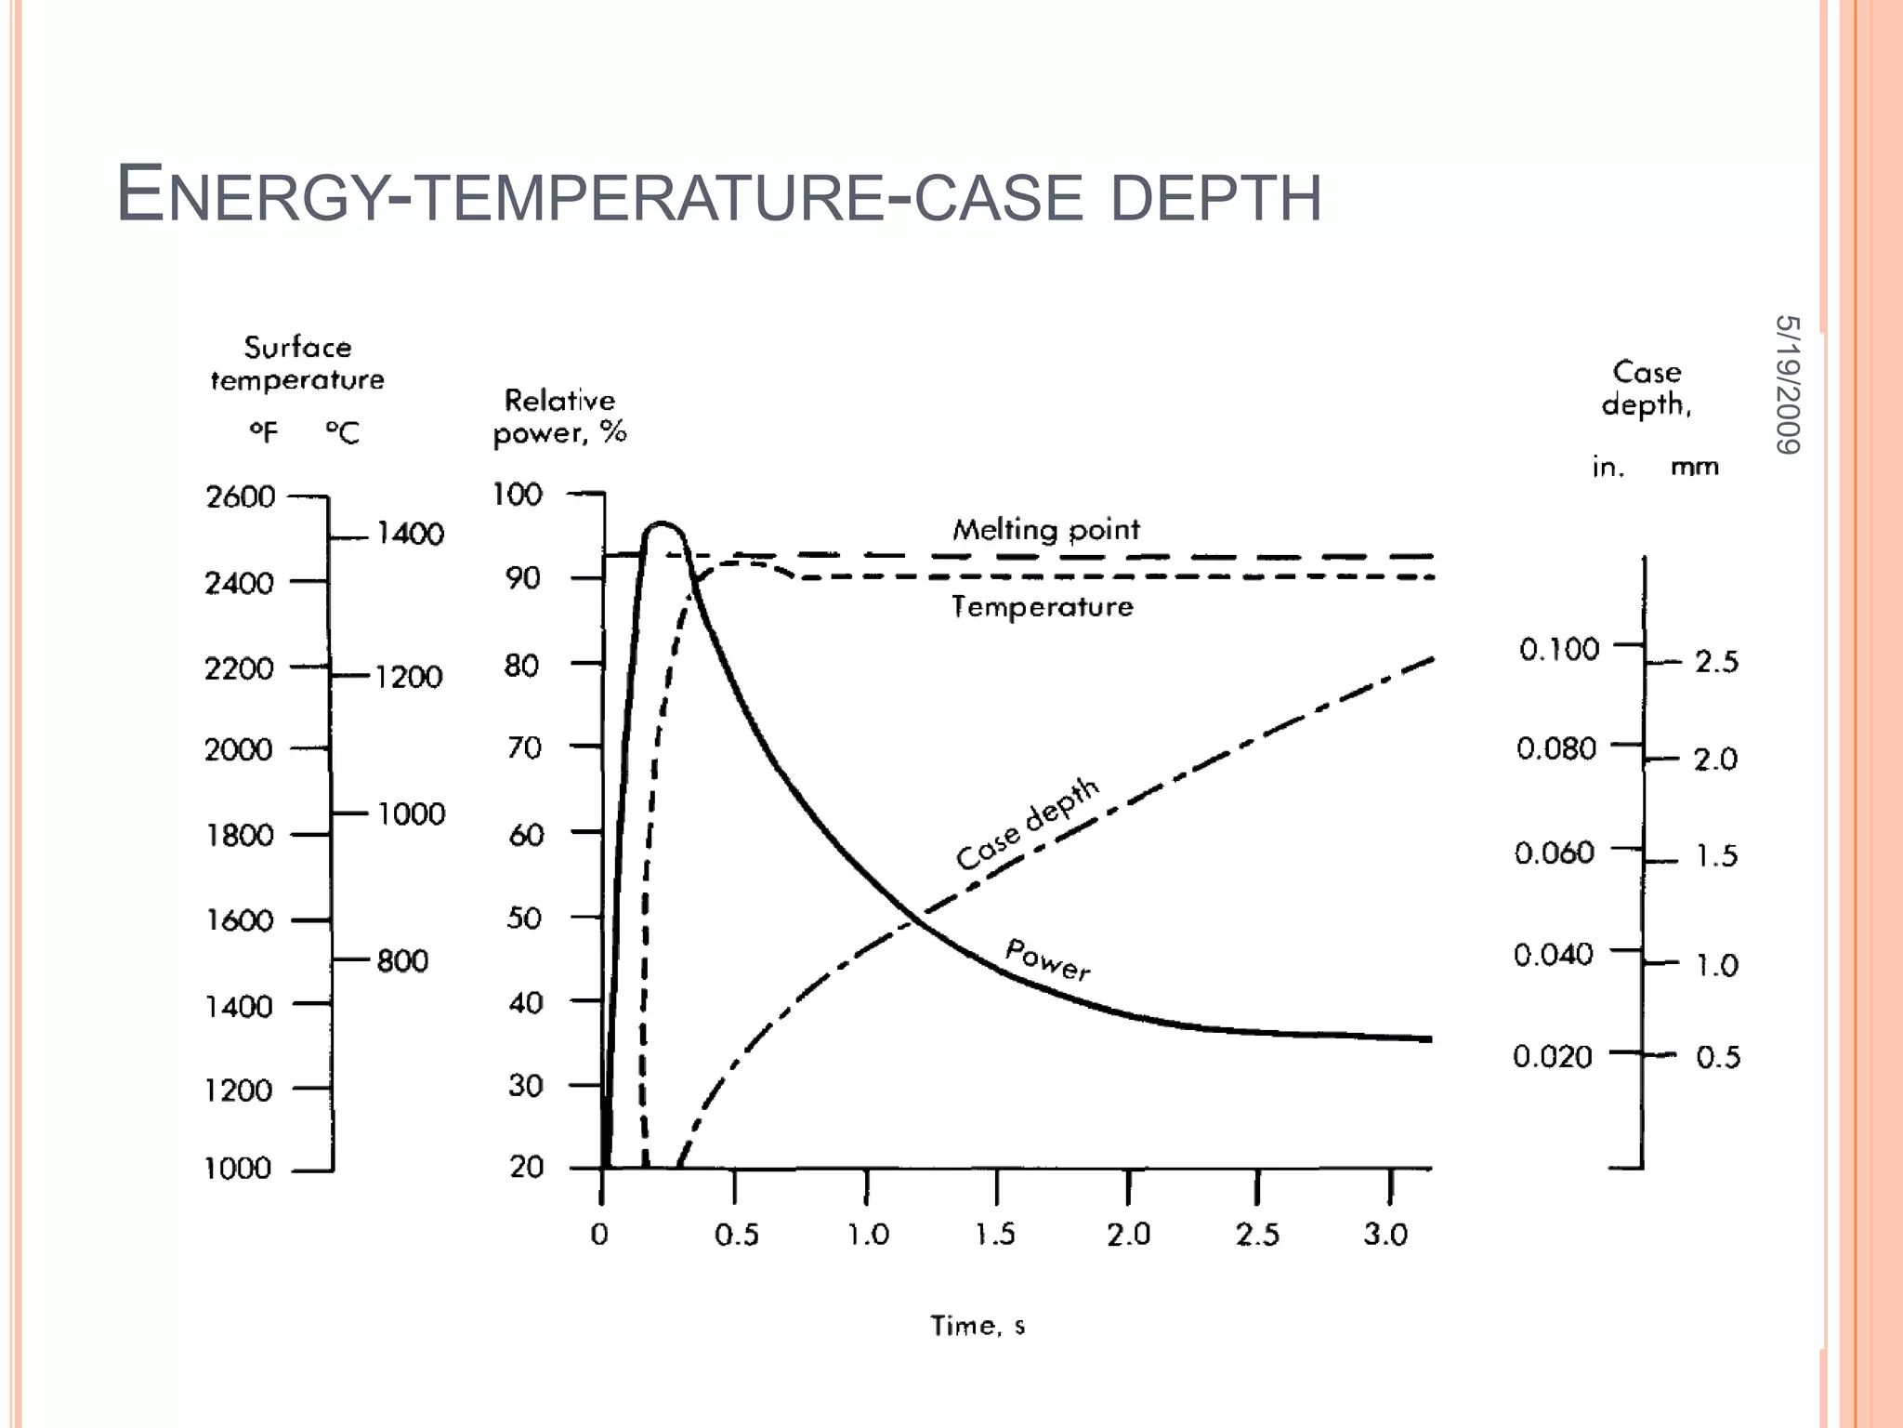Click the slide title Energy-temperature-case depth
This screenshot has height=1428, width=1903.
pos(718,194)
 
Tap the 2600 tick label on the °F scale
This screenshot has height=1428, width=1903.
pos(241,497)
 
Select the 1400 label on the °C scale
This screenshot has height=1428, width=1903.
pos(410,534)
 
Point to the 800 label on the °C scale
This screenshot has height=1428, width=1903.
pos(402,960)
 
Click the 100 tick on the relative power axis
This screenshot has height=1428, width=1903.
pos(517,494)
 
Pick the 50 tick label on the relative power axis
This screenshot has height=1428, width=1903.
pos(524,919)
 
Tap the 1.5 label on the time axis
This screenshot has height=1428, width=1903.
pos(995,1235)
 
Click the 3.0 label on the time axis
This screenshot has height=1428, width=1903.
pos(1385,1235)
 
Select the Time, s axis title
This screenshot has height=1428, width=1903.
pos(978,1326)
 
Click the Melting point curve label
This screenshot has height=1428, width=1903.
pos(1045,530)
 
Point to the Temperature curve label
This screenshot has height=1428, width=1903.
pos(1042,607)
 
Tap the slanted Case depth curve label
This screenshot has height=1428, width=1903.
pos(1028,824)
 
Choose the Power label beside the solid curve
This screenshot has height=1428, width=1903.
pos(1048,959)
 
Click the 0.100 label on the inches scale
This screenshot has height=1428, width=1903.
pos(1559,649)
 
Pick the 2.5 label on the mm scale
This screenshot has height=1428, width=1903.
pos(1716,662)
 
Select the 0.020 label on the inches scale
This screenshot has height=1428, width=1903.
pos(1552,1056)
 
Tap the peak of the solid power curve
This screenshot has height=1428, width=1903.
pos(662,524)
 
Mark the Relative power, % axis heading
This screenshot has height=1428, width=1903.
pos(559,416)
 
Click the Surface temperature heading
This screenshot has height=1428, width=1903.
pos(297,364)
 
